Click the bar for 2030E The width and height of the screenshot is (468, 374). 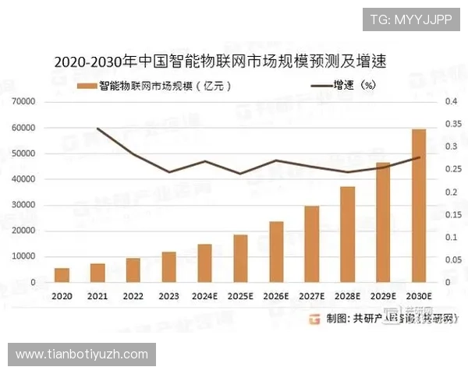[418, 206]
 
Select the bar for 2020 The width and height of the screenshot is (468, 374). [62, 275]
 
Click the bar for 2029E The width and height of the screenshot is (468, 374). [383, 222]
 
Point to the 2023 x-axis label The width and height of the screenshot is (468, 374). [168, 296]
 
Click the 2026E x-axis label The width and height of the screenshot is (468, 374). [276, 296]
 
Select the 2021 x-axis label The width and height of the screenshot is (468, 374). [97, 296]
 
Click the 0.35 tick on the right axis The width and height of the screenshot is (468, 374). [452, 124]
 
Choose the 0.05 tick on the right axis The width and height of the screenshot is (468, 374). [452, 259]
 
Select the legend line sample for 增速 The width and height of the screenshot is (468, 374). [321, 85]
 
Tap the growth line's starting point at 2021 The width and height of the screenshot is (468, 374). [97, 128]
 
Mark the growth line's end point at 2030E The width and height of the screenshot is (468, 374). [419, 157]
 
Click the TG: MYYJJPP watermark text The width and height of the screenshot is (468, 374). [411, 19]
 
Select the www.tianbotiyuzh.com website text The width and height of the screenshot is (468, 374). [81, 355]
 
